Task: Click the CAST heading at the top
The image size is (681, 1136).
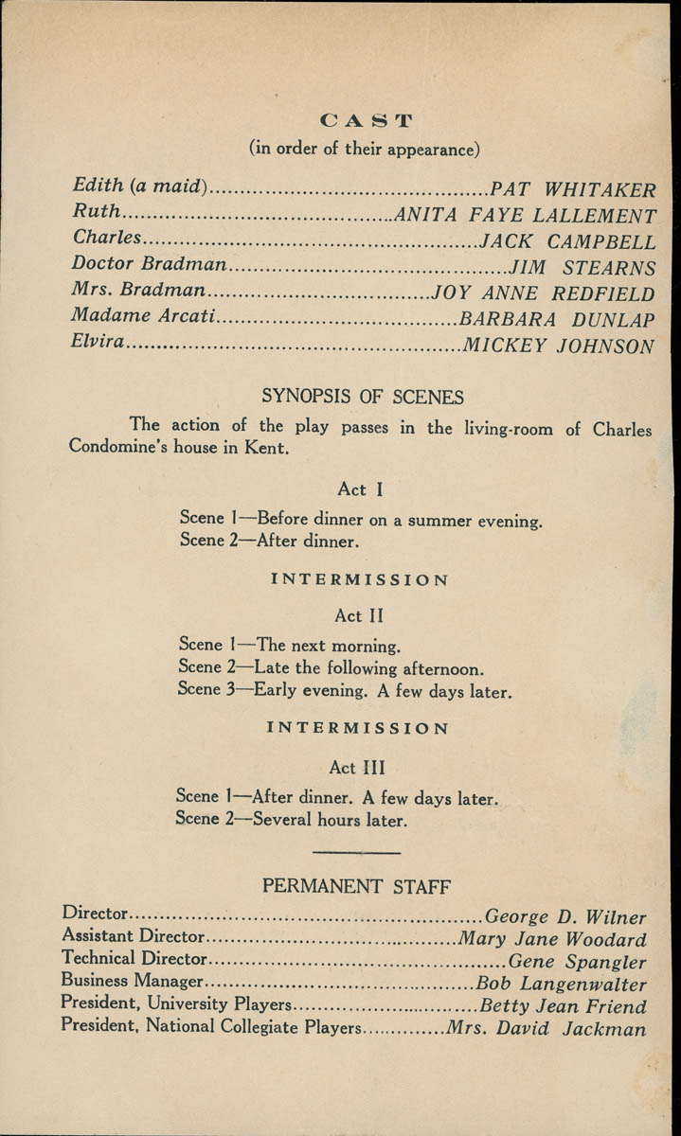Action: click(367, 120)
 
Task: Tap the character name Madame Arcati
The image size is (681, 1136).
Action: click(144, 317)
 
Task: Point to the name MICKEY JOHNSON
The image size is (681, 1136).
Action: click(558, 346)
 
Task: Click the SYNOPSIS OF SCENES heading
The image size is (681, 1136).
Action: click(363, 396)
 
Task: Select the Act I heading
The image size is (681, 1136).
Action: click(352, 489)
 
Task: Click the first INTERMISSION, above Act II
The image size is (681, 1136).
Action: click(360, 579)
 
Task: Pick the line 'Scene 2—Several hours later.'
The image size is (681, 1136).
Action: click(292, 820)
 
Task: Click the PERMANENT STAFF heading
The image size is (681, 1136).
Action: click(356, 887)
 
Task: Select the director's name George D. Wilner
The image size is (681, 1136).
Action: click(565, 917)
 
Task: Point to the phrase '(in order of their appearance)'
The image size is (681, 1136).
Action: click(365, 149)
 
